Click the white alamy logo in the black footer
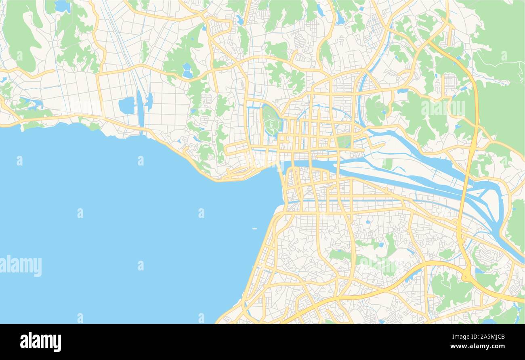tap(40, 341)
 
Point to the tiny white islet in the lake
tap(254, 229)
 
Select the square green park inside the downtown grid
tap(344, 142)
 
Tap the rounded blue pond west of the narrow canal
tap(127, 105)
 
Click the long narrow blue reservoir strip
tap(140, 109)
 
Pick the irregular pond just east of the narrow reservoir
tap(149, 102)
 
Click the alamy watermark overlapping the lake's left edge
tap(21, 266)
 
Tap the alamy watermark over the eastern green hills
tap(443, 108)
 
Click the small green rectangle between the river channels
tap(387, 164)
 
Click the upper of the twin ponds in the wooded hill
tap(187, 67)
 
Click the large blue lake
tap(121, 226)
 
